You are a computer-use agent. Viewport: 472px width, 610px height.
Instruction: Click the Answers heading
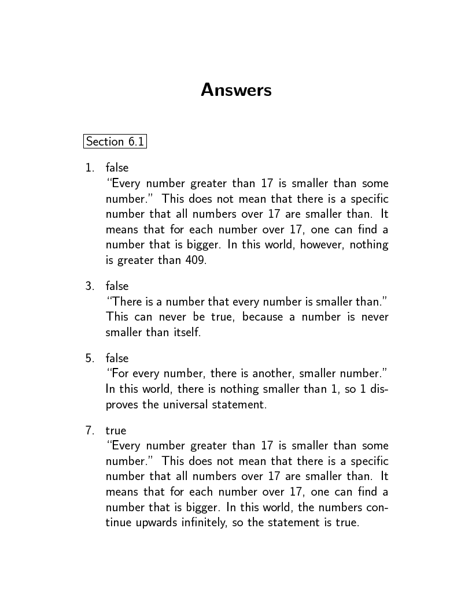pos(236,91)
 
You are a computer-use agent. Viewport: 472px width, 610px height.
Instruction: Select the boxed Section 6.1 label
pos(115,142)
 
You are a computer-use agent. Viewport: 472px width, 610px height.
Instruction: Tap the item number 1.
pos(90,168)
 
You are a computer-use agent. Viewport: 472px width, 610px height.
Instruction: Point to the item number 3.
pos(90,287)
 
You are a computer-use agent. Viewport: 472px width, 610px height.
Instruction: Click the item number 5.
pos(90,359)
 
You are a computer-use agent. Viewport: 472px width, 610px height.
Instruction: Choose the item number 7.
pos(90,431)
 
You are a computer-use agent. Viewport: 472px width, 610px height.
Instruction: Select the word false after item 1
pos(117,168)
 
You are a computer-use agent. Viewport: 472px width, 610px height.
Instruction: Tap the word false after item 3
pos(117,287)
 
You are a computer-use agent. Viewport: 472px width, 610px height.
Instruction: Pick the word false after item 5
pos(117,359)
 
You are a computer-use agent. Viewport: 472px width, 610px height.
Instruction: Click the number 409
pos(196,261)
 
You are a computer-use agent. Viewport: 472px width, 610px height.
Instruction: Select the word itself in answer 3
pos(187,333)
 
